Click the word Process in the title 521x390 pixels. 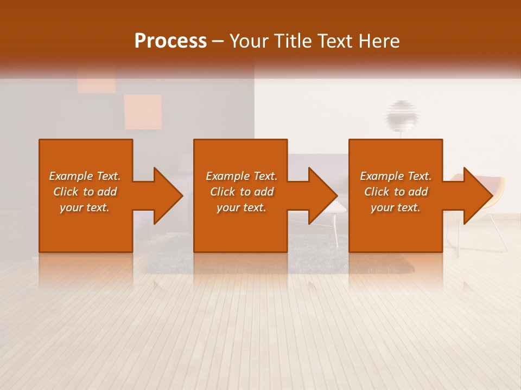click(170, 41)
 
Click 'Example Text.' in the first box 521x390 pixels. click(85, 176)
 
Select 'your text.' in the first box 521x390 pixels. click(85, 207)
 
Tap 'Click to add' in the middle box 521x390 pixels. click(242, 192)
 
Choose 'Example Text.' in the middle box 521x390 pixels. click(242, 176)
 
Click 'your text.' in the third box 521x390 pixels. click(396, 207)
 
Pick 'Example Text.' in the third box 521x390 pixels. click(396, 176)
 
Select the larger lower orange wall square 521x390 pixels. click(143, 112)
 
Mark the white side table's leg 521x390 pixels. click(336, 230)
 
